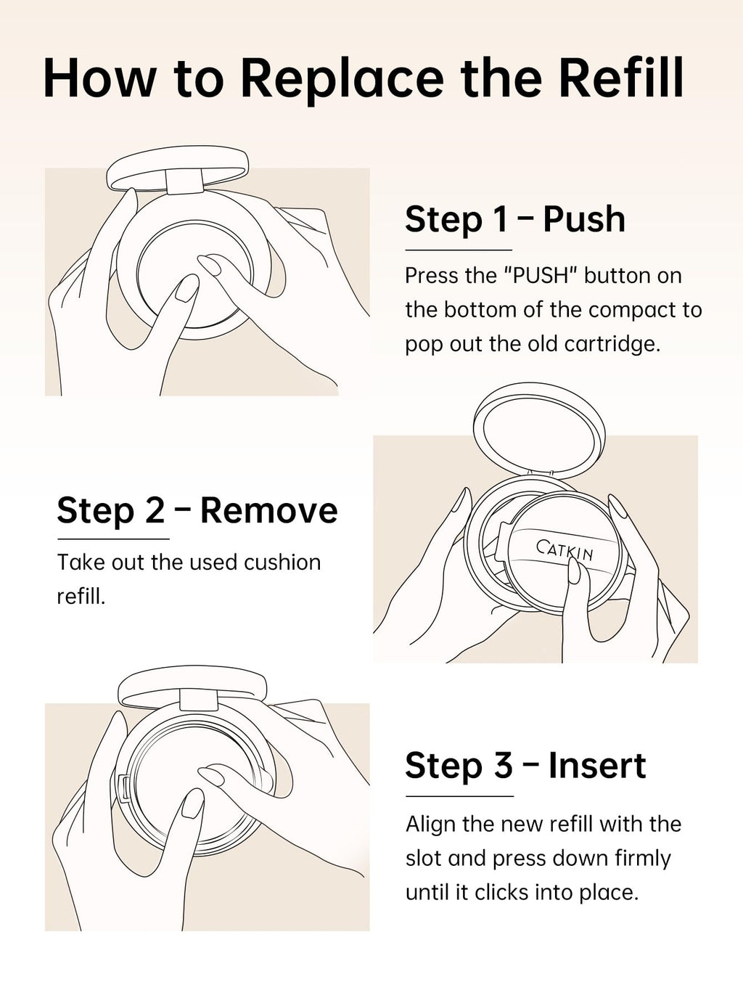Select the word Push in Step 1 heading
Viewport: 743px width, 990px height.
[584, 219]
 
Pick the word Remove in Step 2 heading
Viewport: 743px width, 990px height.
[269, 510]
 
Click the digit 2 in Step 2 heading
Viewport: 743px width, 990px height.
[155, 510]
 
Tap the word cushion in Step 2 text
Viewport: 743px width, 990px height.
[282, 562]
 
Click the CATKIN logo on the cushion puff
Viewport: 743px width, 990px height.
[565, 550]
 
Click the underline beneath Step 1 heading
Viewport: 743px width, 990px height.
[459, 250]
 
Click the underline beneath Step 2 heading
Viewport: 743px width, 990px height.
[113, 539]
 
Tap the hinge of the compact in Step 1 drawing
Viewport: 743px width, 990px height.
[183, 181]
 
